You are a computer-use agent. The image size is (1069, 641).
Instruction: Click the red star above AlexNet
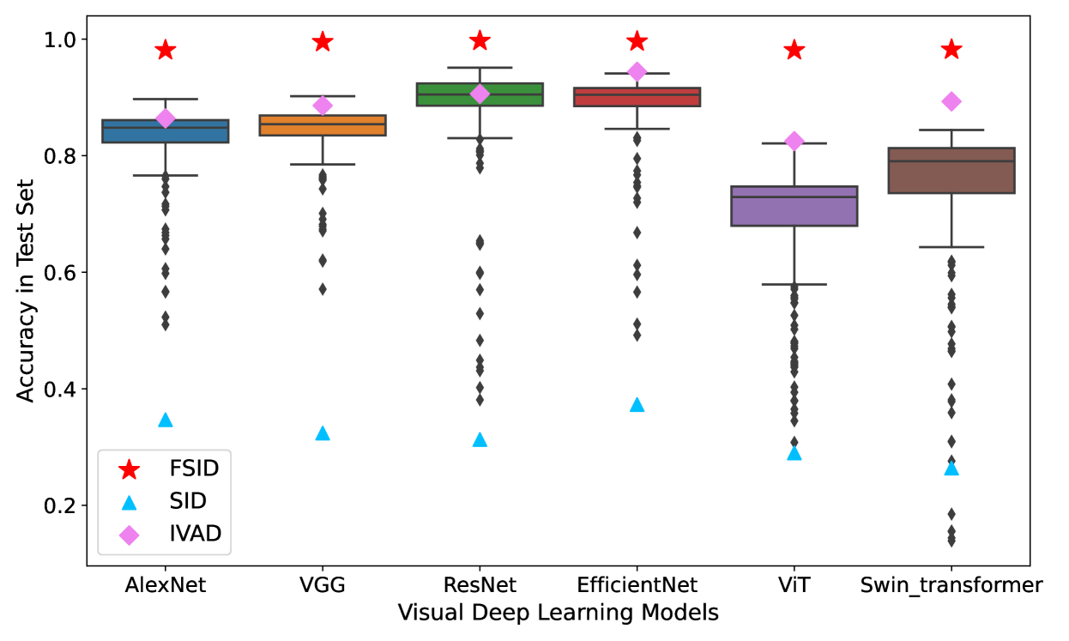coord(166,51)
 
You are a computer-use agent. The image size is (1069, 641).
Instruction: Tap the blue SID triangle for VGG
coord(323,433)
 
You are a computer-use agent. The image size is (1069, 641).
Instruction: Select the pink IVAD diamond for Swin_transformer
coord(951,101)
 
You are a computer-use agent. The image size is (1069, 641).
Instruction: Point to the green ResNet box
coord(480,94)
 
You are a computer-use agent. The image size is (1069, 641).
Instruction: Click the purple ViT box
coord(794,206)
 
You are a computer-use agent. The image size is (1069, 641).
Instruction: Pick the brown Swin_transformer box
coord(951,170)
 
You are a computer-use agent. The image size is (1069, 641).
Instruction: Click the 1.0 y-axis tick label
coord(61,39)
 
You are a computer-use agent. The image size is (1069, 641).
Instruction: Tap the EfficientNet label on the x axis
coord(637,585)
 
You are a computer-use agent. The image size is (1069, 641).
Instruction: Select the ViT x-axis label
coord(794,585)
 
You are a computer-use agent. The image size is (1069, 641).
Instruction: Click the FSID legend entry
coord(194,469)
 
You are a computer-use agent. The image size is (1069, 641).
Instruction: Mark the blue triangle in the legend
coord(130,502)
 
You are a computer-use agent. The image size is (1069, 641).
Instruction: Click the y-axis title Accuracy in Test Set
coord(26,290)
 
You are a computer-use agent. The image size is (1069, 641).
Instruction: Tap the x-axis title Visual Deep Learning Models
coord(559,614)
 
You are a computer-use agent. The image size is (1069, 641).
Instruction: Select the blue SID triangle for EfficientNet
coord(637,405)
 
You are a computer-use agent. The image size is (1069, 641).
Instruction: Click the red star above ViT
coord(794,51)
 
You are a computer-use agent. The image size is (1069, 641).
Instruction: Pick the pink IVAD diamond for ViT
coord(794,141)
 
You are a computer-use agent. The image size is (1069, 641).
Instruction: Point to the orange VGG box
coord(323,125)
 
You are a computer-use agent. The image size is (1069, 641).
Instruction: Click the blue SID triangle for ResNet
coord(480,440)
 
